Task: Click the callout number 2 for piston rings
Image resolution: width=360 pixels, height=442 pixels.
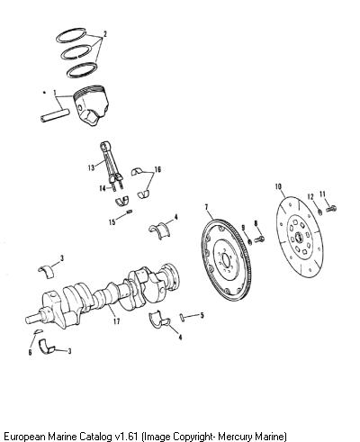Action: tap(104, 34)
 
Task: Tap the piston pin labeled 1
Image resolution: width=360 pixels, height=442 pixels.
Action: tap(55, 115)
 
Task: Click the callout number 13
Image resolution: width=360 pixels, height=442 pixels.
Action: tap(91, 167)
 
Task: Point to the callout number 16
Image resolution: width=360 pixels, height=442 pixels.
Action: tap(157, 169)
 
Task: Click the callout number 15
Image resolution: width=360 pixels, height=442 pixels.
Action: tap(112, 222)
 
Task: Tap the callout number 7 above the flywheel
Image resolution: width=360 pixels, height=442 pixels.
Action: tap(206, 207)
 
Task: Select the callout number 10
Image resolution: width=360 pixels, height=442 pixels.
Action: tap(278, 186)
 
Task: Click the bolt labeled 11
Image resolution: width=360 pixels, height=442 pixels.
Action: tap(330, 208)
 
